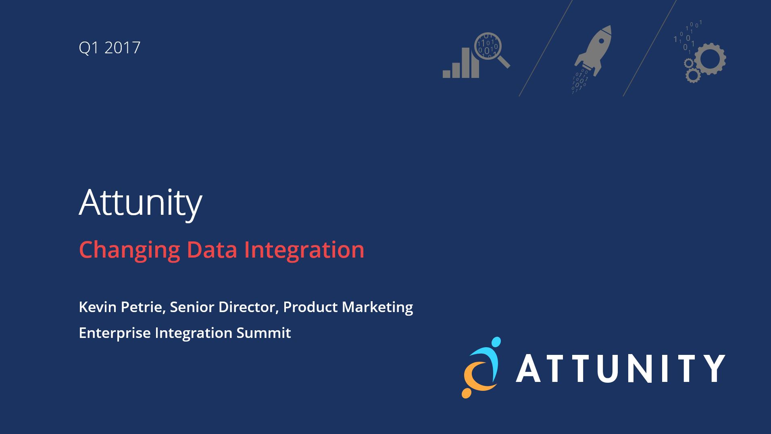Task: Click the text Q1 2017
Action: [109, 48]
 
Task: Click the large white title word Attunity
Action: [140, 203]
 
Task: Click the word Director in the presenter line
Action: [249, 307]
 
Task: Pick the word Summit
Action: [264, 333]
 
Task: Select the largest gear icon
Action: [711, 59]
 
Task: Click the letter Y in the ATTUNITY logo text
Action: [714, 368]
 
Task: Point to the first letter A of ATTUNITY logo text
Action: [529, 368]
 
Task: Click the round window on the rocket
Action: [600, 41]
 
